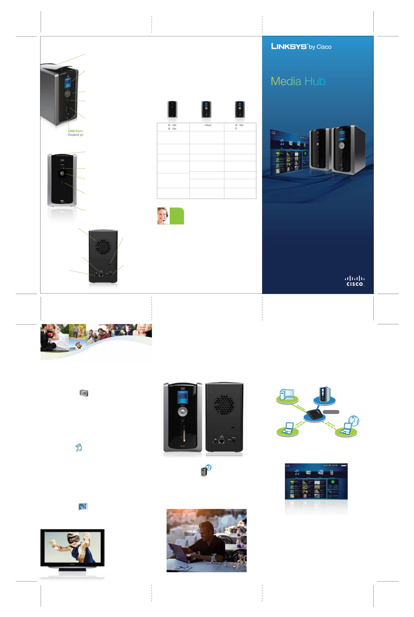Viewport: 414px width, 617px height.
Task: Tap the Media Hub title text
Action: click(298, 81)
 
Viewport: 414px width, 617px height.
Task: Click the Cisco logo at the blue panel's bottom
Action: click(355, 281)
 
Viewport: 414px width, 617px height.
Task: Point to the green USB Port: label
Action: click(76, 131)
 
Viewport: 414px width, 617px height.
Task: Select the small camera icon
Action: click(84, 393)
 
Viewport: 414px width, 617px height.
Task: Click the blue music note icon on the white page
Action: click(78, 448)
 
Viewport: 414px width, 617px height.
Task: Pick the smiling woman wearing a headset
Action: click(163, 216)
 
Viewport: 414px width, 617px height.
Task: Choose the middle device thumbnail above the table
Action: click(206, 109)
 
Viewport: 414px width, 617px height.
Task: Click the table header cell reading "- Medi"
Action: click(207, 125)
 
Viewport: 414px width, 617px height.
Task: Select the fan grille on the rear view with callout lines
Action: click(103, 246)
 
